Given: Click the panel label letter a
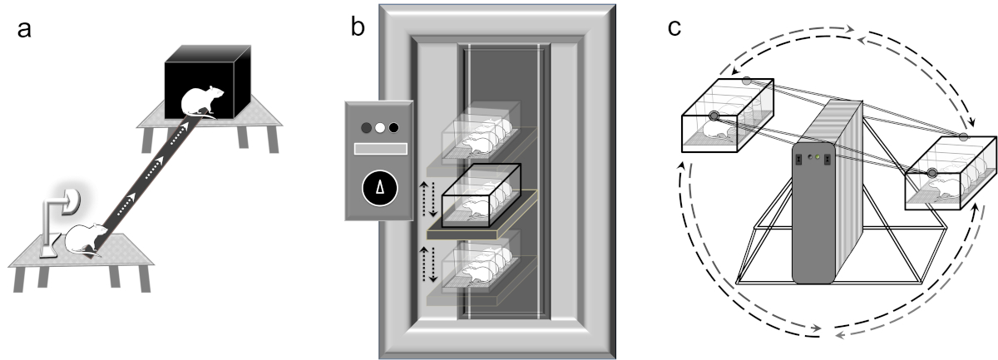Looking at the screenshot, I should (x=27, y=32).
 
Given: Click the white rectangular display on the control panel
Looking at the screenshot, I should (x=380, y=150).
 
